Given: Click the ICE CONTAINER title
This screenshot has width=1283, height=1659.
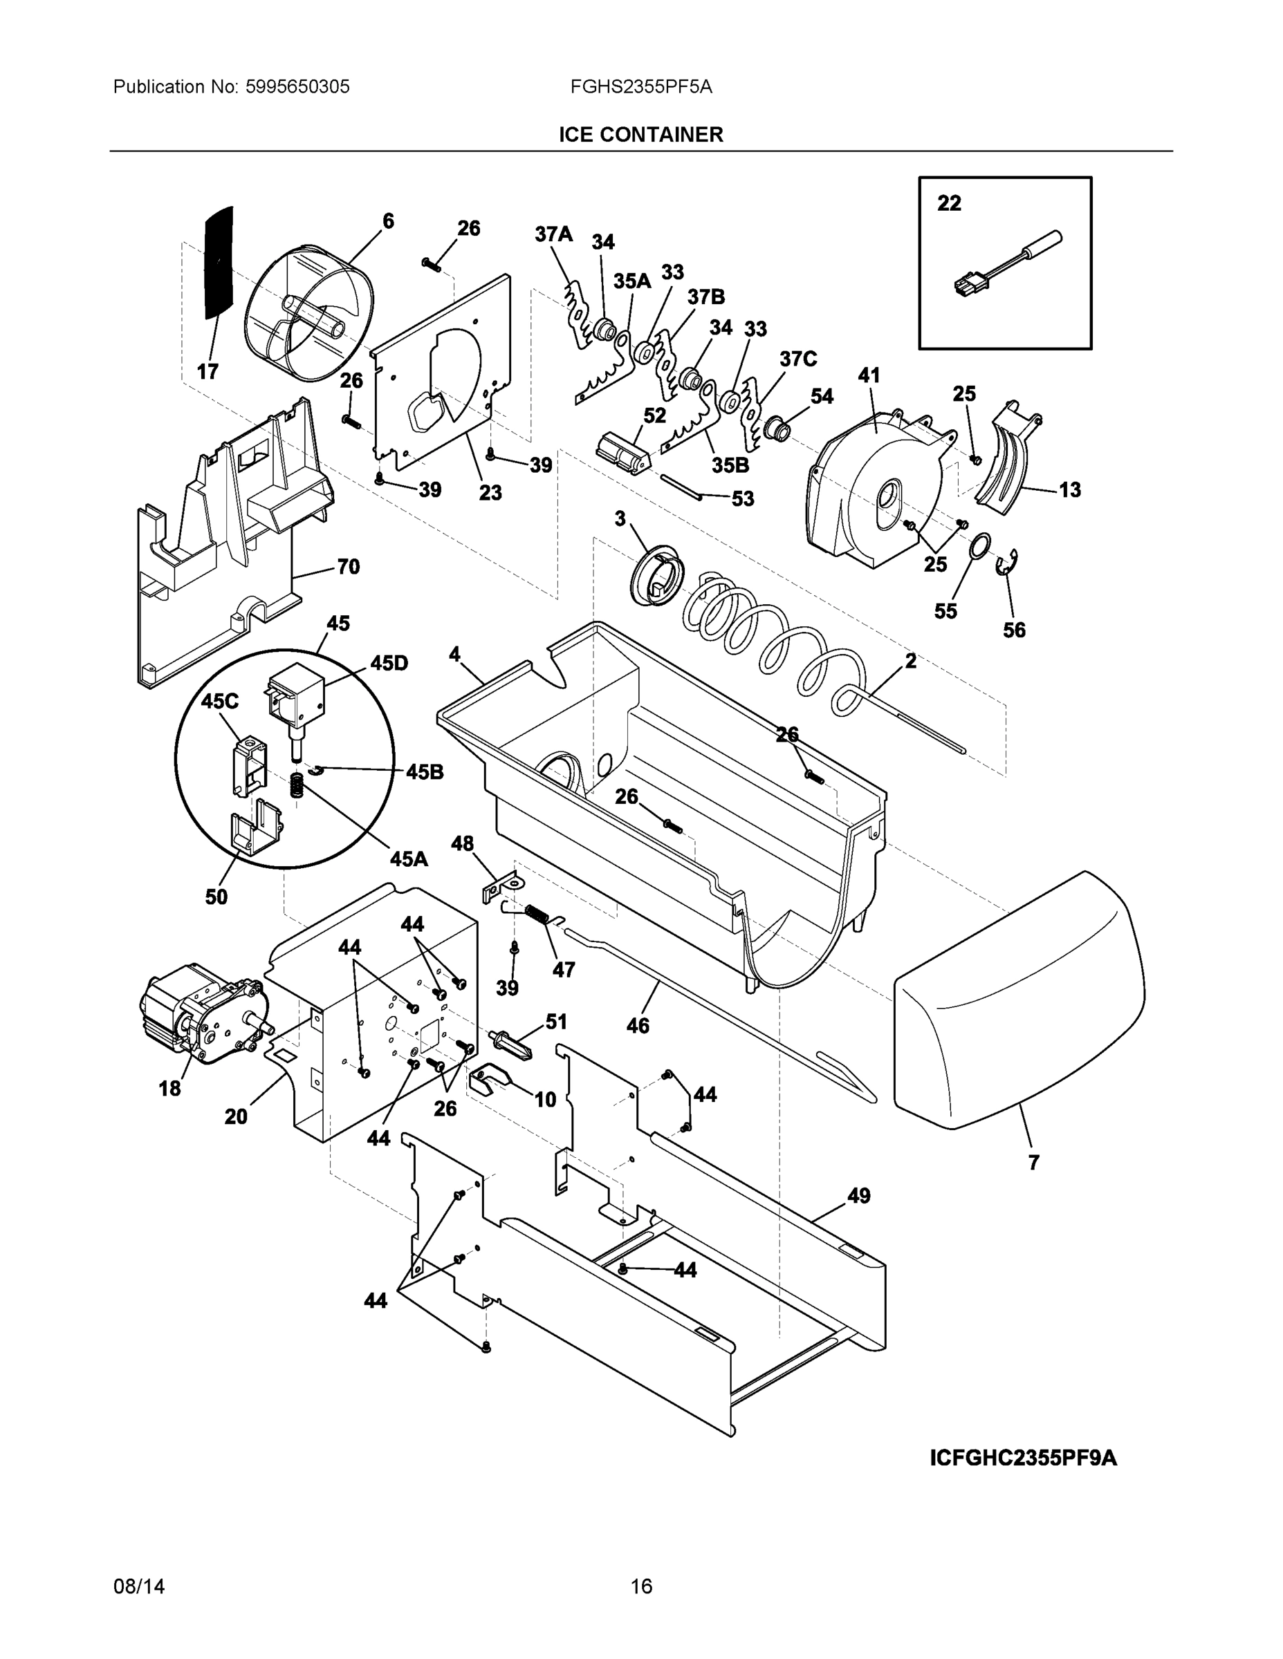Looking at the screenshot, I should tap(640, 135).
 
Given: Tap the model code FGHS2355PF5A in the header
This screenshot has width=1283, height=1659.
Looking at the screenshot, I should tap(640, 86).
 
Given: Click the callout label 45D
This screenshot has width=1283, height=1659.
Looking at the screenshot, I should tap(389, 663).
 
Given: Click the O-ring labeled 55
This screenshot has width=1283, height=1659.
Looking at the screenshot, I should tap(981, 545).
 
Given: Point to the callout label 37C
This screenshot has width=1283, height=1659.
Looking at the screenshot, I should tap(797, 359).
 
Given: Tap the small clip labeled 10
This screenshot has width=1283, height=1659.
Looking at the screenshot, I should tap(489, 1078).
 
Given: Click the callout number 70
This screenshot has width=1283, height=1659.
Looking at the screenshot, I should tap(348, 567).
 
